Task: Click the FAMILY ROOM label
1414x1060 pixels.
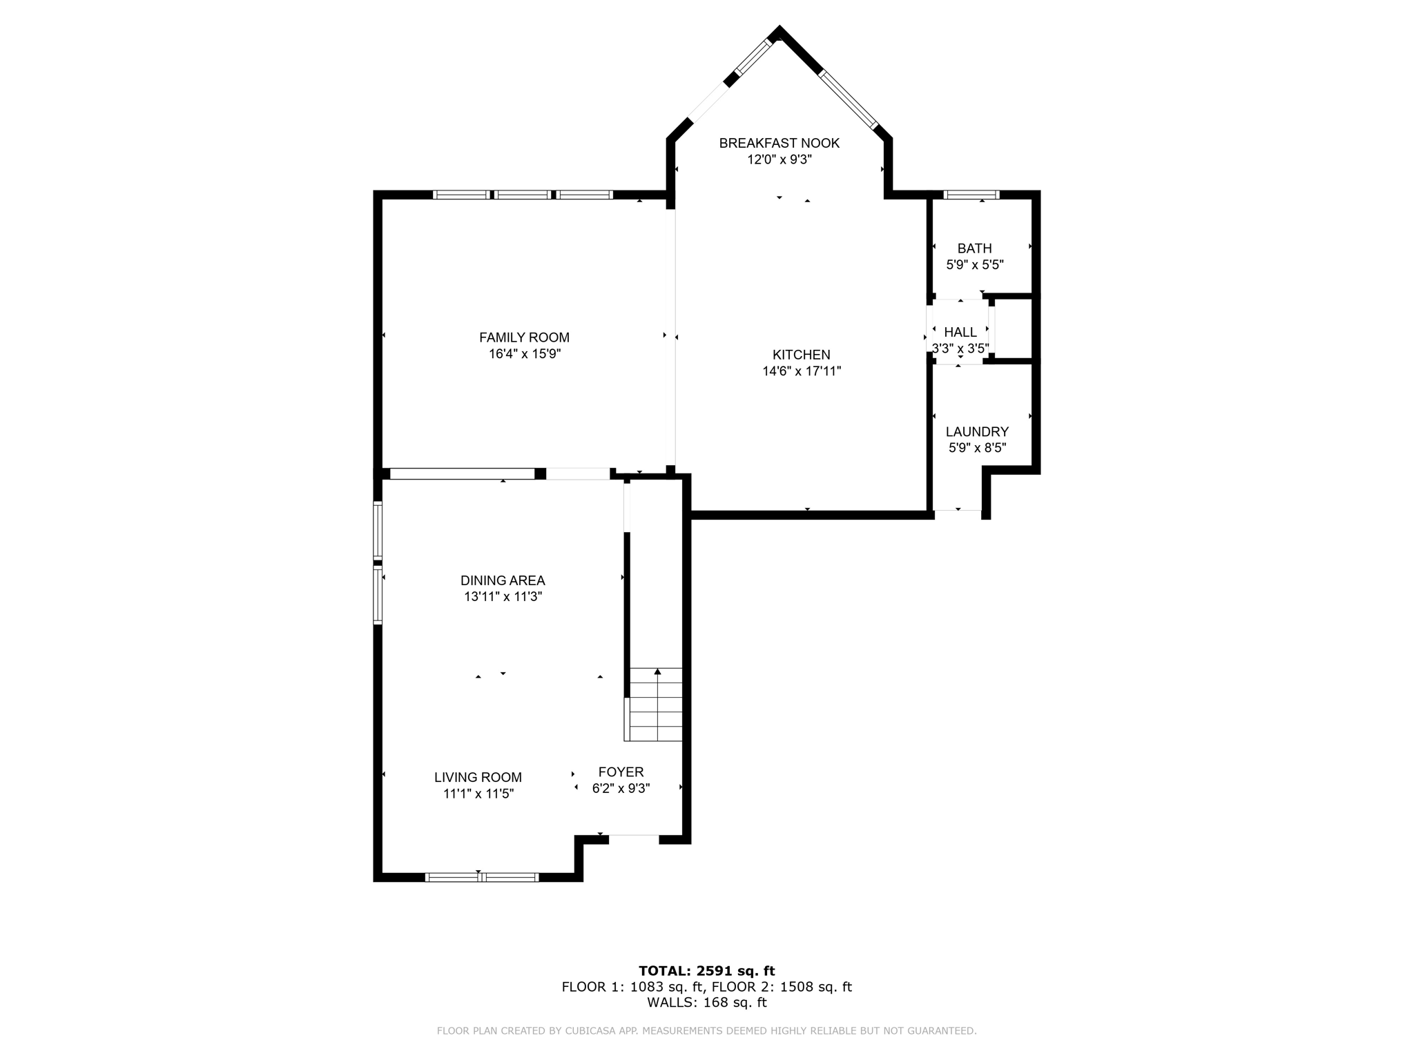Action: (x=524, y=337)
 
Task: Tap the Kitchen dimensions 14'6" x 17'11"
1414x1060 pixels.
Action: (x=801, y=371)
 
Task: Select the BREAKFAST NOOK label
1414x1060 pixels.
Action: (x=779, y=143)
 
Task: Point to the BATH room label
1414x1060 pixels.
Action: (x=974, y=248)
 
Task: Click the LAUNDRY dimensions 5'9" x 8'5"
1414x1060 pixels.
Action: (x=977, y=448)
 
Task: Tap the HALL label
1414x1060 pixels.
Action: (x=960, y=333)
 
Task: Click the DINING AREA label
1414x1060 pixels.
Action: (x=503, y=580)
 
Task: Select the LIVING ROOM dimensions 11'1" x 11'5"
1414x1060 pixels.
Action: (x=478, y=794)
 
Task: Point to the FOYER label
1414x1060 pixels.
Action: (x=621, y=772)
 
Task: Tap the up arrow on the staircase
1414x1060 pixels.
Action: (x=657, y=672)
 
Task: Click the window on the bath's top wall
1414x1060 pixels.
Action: (x=971, y=195)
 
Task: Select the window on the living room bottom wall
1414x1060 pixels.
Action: (x=481, y=877)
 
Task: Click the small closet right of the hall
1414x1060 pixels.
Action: (x=1013, y=330)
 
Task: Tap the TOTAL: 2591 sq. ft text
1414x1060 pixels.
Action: (x=706, y=971)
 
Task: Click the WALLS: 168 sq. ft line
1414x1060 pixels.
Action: (x=706, y=1003)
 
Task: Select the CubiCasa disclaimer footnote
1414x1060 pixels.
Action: (x=706, y=1031)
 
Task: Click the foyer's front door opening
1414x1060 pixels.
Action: (x=633, y=839)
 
